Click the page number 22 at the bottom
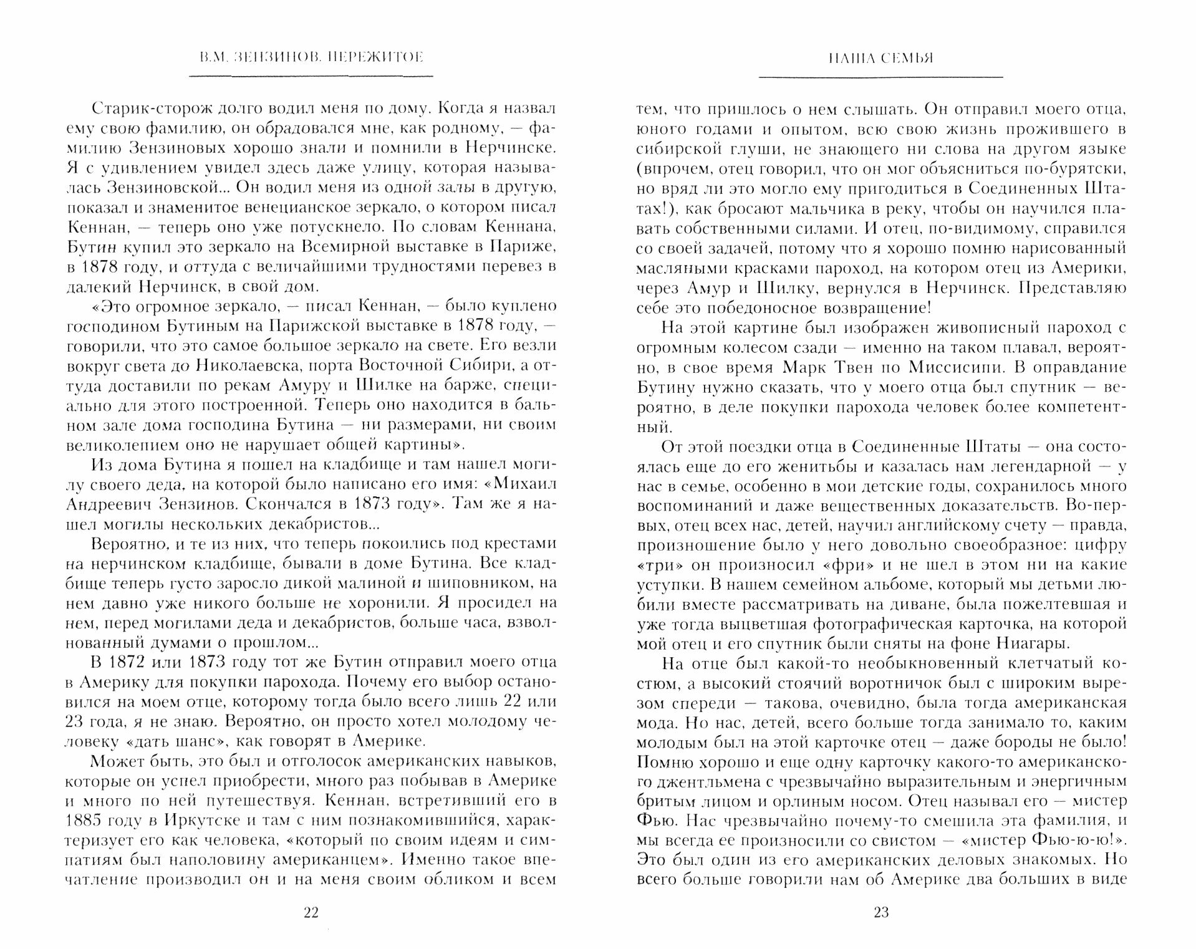pos(311,913)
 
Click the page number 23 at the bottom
pos(881,913)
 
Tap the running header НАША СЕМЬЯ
pos(881,58)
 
